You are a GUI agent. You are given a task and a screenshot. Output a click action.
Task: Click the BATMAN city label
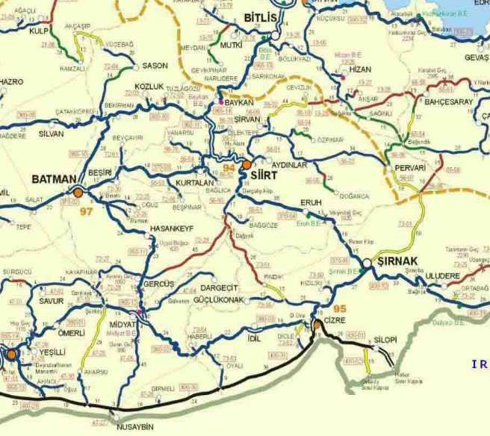pyautogui.click(x=55, y=179)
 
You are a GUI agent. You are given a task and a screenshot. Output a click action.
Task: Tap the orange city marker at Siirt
pyautogui.click(x=246, y=163)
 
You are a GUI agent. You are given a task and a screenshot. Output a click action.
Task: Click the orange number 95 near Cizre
pyautogui.click(x=320, y=309)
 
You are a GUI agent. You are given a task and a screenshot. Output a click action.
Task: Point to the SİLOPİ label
pyautogui.click(x=385, y=339)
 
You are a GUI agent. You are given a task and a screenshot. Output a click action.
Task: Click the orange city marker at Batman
pyautogui.click(x=76, y=192)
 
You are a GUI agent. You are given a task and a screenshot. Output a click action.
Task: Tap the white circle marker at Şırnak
pyautogui.click(x=367, y=263)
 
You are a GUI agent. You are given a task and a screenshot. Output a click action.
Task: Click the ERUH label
pyautogui.click(x=309, y=202)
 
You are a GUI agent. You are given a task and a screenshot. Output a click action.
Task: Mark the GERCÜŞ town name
pyautogui.click(x=158, y=284)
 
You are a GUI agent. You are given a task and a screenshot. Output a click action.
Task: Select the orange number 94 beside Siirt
pyautogui.click(x=231, y=169)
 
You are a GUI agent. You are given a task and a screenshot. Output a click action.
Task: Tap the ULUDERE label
pyautogui.click(x=443, y=275)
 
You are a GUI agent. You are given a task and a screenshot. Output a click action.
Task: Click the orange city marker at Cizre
pyautogui.click(x=317, y=324)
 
